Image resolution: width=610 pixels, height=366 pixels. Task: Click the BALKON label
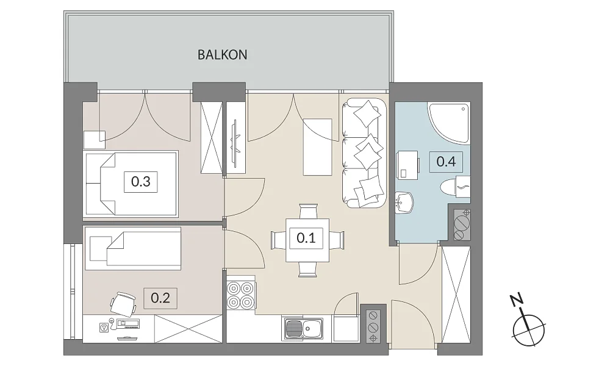click(222, 54)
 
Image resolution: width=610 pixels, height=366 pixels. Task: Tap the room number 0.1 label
click(306, 238)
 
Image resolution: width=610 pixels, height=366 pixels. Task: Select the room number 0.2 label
click(160, 298)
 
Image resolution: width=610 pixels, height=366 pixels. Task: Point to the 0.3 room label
click(141, 182)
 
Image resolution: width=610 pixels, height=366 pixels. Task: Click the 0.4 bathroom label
click(446, 162)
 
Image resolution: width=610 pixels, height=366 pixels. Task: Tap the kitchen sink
click(303, 329)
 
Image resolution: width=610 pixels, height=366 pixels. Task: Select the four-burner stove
click(240, 295)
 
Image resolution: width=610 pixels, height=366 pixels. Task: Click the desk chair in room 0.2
click(123, 303)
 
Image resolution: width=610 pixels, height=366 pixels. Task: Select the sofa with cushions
click(364, 153)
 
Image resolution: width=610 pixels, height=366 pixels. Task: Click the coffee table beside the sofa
click(317, 147)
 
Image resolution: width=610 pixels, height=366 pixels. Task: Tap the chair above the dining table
click(308, 212)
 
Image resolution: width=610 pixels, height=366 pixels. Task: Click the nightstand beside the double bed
click(95, 140)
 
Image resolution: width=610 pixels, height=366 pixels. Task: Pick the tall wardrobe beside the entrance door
click(456, 295)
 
